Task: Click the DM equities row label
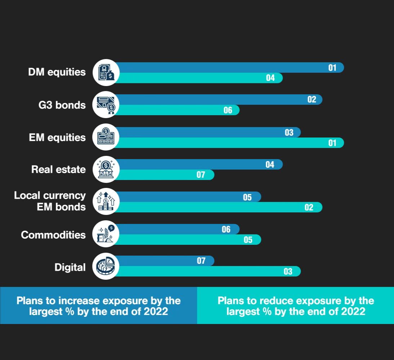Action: pyautogui.click(x=57, y=72)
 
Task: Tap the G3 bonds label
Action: pyautogui.click(x=62, y=105)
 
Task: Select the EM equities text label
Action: pyautogui.click(x=57, y=138)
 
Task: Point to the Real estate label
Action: pyautogui.click(x=58, y=169)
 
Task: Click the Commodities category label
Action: pyautogui.click(x=53, y=235)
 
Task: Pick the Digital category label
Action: pyautogui.click(x=70, y=267)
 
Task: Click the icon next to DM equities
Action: pyautogui.click(x=106, y=73)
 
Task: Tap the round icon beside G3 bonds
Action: pyautogui.click(x=106, y=105)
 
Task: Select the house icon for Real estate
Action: pyautogui.click(x=106, y=170)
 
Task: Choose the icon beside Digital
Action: pyautogui.click(x=106, y=267)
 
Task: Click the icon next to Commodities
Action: pyautogui.click(x=106, y=234)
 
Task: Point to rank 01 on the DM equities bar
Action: pyautogui.click(x=332, y=67)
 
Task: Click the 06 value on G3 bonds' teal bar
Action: pyautogui.click(x=228, y=110)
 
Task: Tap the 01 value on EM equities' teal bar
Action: pyautogui.click(x=332, y=143)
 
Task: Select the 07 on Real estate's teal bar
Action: pyautogui.click(x=201, y=175)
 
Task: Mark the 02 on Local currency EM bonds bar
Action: pyautogui.click(x=309, y=207)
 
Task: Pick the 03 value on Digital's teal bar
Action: pyautogui.click(x=288, y=271)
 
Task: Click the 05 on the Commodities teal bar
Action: pyautogui.click(x=248, y=240)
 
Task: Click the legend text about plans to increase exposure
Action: pyautogui.click(x=99, y=306)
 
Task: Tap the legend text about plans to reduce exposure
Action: pyautogui.click(x=296, y=306)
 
